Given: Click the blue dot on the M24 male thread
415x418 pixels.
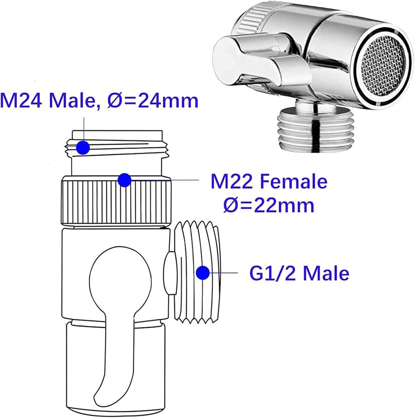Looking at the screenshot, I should (83, 147).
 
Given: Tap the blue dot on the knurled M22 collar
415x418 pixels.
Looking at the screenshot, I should (124, 180).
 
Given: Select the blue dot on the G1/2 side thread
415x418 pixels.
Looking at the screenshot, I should (202, 273).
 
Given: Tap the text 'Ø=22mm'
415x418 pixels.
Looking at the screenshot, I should (269, 206).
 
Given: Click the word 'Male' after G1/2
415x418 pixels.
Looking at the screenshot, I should (326, 273).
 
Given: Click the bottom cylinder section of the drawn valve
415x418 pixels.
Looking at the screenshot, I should (116, 367).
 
